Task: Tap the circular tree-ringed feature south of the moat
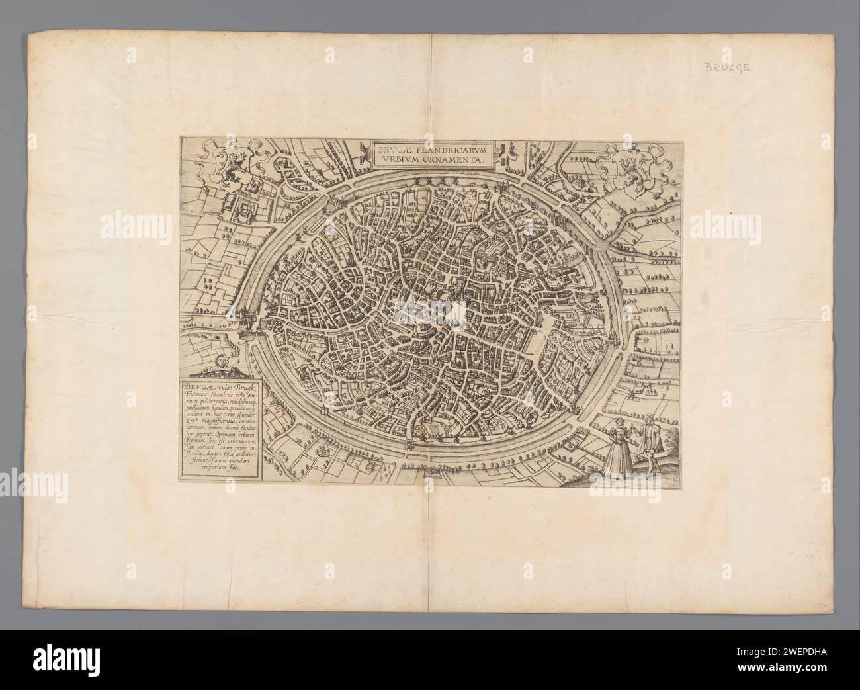(x=322, y=449)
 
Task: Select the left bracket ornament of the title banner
(x=361, y=154)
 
